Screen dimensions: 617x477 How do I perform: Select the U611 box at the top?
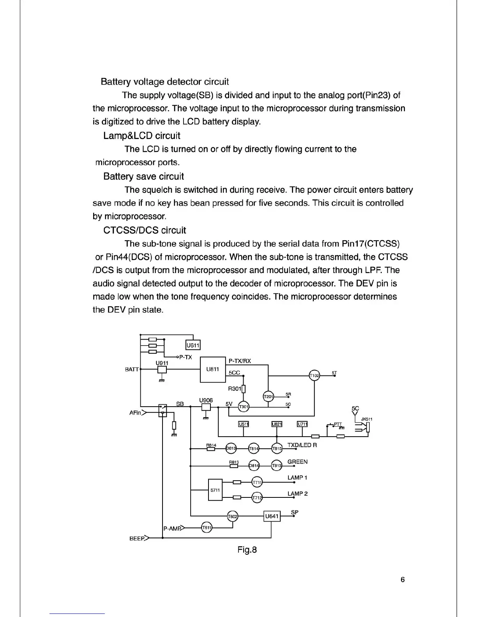click(x=193, y=345)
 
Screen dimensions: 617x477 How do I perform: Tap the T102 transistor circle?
click(x=314, y=375)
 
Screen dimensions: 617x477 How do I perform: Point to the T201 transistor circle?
click(x=269, y=397)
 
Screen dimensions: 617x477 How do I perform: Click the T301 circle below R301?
click(x=244, y=407)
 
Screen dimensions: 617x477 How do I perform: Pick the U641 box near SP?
click(x=272, y=517)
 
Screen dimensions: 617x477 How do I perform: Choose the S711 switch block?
click(x=215, y=490)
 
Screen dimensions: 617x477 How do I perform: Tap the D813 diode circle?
click(x=231, y=449)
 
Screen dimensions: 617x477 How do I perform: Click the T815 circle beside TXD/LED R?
click(x=277, y=449)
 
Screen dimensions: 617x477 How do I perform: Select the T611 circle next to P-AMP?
click(x=207, y=528)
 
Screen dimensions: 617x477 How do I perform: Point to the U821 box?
click(x=276, y=424)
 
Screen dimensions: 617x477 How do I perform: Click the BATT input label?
click(x=132, y=369)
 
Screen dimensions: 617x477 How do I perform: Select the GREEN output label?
click(x=297, y=462)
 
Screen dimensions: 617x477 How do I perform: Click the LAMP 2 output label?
click(x=297, y=494)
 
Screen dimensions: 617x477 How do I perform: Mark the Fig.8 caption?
click(x=247, y=550)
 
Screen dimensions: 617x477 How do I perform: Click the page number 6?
click(x=403, y=580)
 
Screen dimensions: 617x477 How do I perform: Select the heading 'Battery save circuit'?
click(x=143, y=176)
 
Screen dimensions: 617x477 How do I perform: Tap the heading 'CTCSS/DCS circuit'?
click(x=145, y=230)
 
